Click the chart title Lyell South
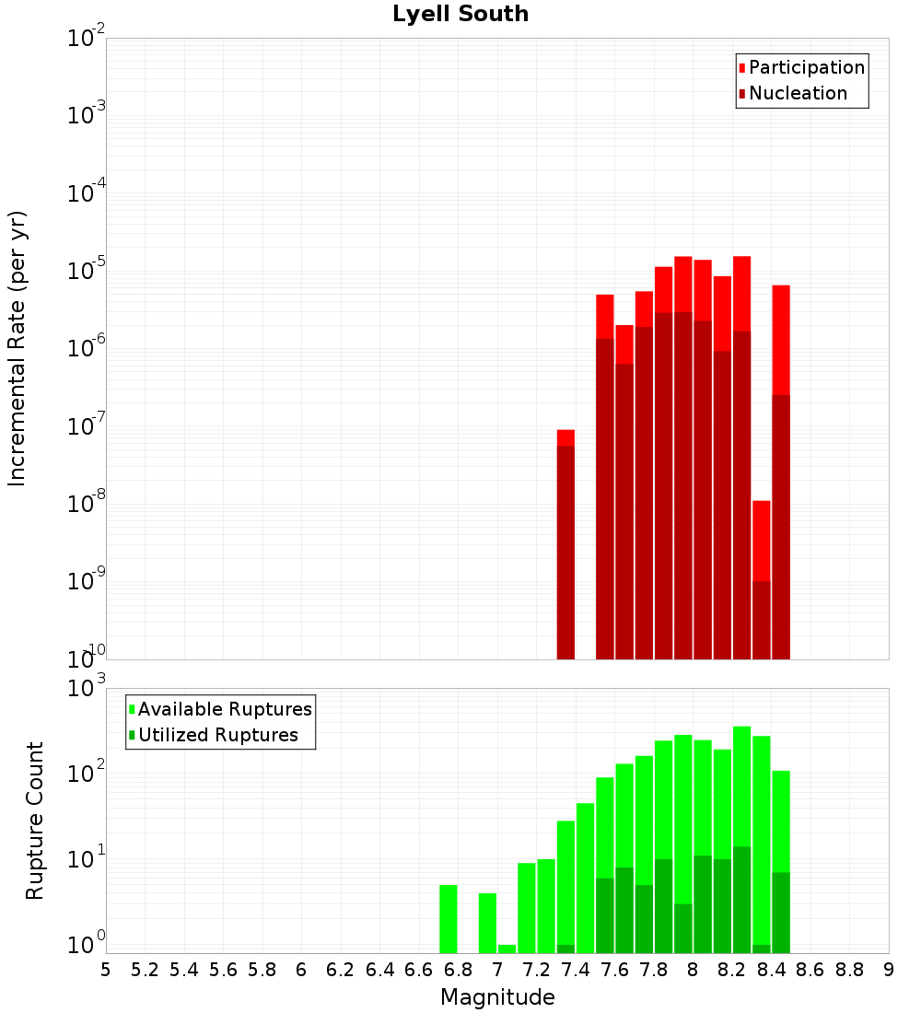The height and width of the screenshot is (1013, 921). [460, 15]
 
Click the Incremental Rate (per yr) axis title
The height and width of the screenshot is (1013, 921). [17, 349]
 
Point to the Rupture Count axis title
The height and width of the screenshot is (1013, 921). [35, 821]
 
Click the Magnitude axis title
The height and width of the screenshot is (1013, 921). [497, 997]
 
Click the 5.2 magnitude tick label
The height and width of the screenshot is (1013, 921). [145, 970]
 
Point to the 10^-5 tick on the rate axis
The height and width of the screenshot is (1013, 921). [87, 270]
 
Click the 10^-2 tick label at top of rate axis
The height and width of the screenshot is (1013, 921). [87, 38]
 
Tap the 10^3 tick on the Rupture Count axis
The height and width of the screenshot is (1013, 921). [87, 689]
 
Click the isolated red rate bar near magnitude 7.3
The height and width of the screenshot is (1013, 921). [565, 543]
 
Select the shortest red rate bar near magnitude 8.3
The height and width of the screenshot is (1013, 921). [761, 580]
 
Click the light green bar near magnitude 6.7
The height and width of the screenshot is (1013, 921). [449, 918]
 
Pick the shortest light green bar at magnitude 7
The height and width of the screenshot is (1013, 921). [507, 949]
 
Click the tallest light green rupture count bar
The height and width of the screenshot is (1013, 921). [741, 792]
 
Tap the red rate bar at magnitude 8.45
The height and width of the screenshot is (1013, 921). [781, 470]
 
